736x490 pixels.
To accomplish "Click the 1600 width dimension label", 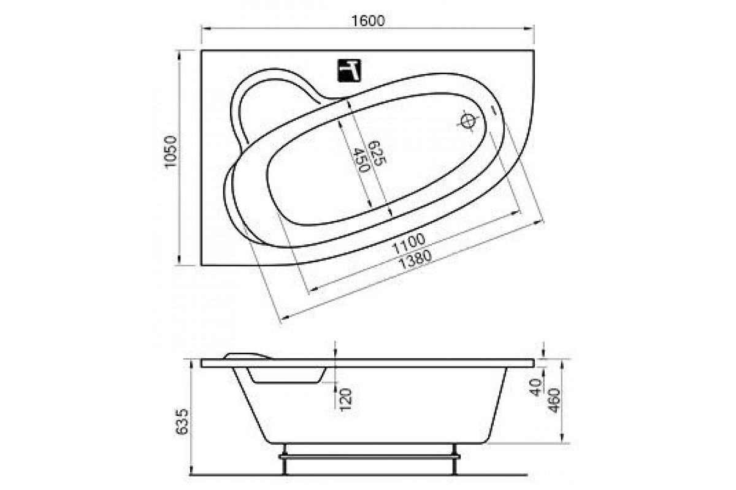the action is click(x=368, y=21).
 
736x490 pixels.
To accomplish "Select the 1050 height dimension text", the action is click(x=171, y=152).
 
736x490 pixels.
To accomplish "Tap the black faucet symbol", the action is click(x=349, y=70).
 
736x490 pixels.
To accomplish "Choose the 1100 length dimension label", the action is click(x=409, y=243).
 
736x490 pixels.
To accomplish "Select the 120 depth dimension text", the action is click(x=346, y=399).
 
